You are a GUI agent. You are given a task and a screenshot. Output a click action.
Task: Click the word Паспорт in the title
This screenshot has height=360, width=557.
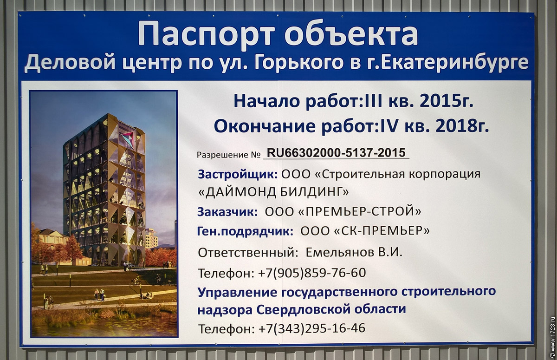click(x=207, y=33)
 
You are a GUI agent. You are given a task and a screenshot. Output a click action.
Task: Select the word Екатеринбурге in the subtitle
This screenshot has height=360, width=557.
click(x=454, y=63)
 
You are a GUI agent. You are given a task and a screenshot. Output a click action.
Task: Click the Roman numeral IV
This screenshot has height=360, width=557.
click(x=386, y=126)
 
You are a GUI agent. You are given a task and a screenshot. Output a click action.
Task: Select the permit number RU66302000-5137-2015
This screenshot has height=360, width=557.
click(x=336, y=153)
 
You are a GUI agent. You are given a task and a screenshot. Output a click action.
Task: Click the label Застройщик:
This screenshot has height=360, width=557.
click(x=238, y=175)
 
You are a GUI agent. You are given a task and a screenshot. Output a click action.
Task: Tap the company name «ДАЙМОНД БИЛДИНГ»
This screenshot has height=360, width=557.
click(x=273, y=192)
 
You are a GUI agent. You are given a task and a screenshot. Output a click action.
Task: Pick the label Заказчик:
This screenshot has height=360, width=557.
click(x=227, y=212)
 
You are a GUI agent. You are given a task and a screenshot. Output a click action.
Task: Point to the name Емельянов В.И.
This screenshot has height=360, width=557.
click(x=354, y=253)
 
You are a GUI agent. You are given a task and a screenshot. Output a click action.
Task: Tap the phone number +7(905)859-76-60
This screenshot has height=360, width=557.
click(x=312, y=273)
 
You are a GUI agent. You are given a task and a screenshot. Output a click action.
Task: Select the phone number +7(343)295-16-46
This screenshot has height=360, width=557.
click(x=312, y=328)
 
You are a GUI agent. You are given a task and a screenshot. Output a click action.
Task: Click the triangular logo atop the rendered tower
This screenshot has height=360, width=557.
click(x=128, y=139)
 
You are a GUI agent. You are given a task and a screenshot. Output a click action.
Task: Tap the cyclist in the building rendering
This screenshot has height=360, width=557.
click(x=136, y=281)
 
